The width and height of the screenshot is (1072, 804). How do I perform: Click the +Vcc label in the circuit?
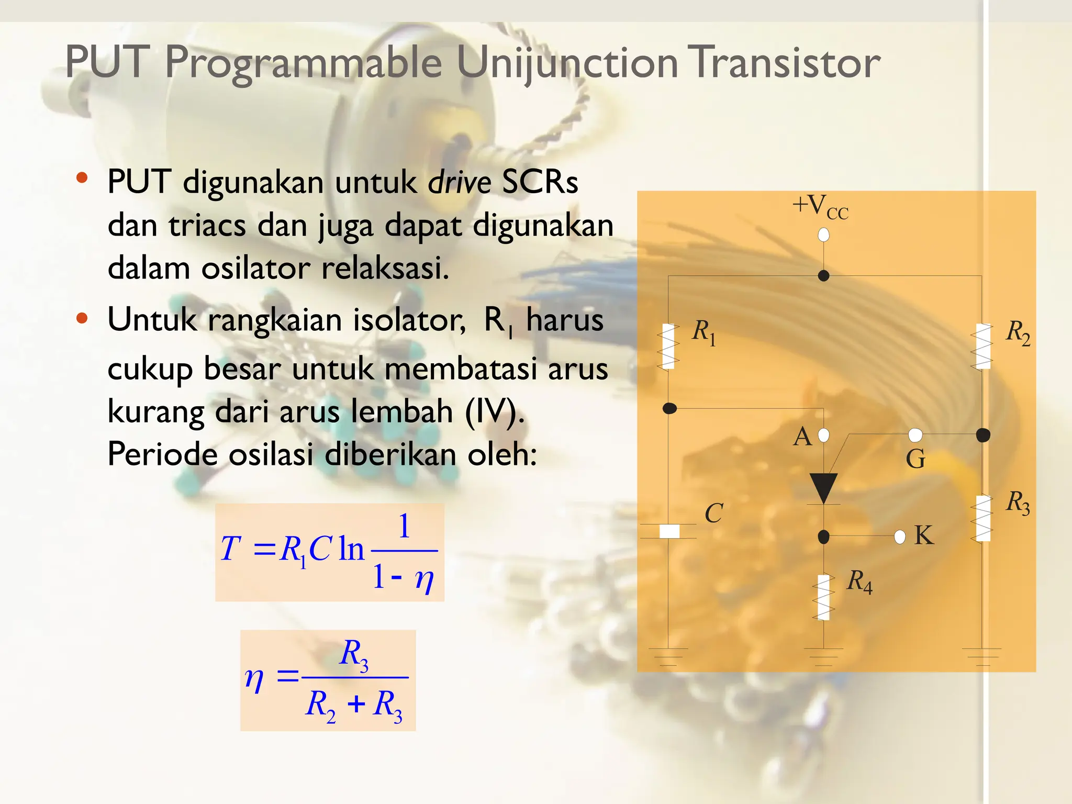click(x=820, y=207)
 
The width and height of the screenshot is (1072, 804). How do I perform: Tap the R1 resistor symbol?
click(x=668, y=347)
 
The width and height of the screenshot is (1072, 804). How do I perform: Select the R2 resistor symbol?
click(x=982, y=347)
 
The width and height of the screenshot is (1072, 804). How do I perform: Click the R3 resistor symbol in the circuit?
click(x=982, y=518)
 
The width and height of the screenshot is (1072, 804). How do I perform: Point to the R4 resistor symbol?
click(x=823, y=597)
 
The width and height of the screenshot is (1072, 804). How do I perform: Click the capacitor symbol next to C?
click(x=669, y=531)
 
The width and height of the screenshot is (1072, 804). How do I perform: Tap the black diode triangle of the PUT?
click(x=823, y=487)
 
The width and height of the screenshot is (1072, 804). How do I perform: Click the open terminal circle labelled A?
click(x=823, y=435)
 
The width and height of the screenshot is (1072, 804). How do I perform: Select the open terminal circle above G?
click(x=915, y=434)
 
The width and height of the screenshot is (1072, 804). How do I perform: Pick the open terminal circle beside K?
click(x=900, y=537)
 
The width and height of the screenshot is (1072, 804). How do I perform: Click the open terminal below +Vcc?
click(x=823, y=235)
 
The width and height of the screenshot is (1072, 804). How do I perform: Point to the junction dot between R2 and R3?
click(x=983, y=434)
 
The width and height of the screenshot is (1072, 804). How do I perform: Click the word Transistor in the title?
click(x=784, y=62)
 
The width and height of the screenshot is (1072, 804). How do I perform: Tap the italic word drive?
click(x=459, y=183)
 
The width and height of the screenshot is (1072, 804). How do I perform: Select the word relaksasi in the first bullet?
click(x=385, y=269)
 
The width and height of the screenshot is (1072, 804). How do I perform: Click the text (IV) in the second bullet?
click(x=494, y=411)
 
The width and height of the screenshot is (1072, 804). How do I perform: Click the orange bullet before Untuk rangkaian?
click(x=82, y=318)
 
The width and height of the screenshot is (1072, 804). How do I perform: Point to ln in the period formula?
click(x=351, y=549)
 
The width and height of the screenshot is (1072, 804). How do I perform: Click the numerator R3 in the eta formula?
click(x=354, y=655)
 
